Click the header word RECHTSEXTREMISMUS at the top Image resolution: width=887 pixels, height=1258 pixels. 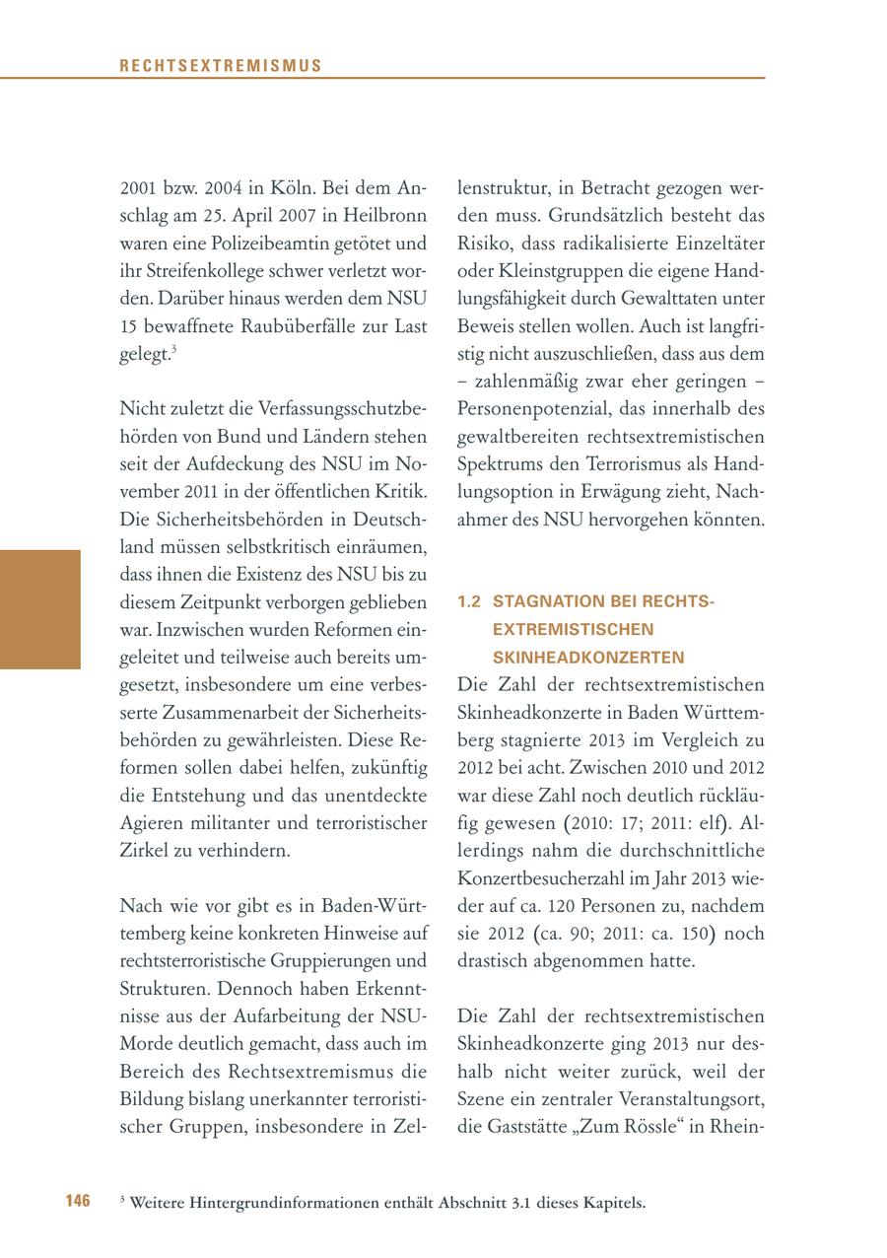pyautogui.click(x=221, y=66)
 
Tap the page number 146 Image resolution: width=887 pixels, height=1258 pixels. pyautogui.click(x=78, y=1200)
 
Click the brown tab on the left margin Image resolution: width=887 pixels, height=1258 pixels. pyautogui.click(x=39, y=609)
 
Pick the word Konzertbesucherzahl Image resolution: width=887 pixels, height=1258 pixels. pyautogui.click(x=546, y=877)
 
